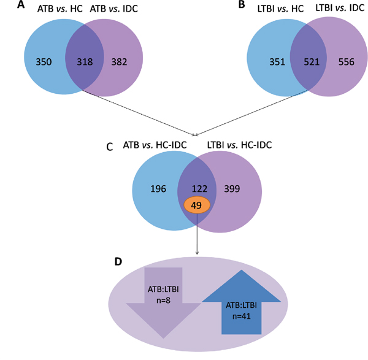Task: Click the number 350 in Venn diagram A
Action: point(45,61)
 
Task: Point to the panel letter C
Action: point(109,147)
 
